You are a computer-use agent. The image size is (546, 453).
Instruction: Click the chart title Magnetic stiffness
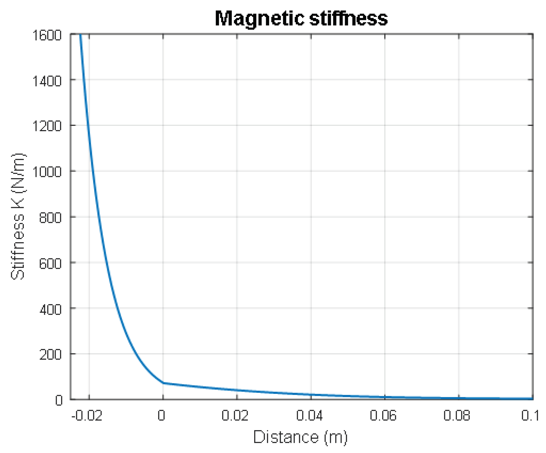coord(301,19)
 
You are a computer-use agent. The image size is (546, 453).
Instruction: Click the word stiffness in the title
coord(348,19)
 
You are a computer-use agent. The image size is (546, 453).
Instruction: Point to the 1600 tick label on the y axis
coord(47,35)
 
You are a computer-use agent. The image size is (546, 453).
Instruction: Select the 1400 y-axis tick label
coord(47,81)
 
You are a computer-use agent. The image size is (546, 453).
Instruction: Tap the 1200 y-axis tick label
coord(47,127)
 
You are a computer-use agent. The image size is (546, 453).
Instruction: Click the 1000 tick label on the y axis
coord(47,172)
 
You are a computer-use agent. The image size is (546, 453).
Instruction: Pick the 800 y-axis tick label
coord(50,218)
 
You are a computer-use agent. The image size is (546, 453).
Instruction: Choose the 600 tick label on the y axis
coord(50,264)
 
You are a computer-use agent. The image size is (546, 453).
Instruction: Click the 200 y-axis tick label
coord(50,355)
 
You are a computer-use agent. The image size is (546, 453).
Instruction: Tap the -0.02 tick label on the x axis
coord(87,416)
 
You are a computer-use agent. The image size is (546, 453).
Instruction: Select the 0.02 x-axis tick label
coord(235,416)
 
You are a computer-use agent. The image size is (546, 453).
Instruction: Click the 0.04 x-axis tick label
coord(309,416)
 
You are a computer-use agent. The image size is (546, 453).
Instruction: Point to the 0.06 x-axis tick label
coord(383,416)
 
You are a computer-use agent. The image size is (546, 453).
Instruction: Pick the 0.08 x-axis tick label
coord(457,416)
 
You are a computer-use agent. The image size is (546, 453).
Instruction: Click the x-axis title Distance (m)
coord(300,437)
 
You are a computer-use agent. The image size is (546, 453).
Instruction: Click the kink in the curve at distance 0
coord(163,383)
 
